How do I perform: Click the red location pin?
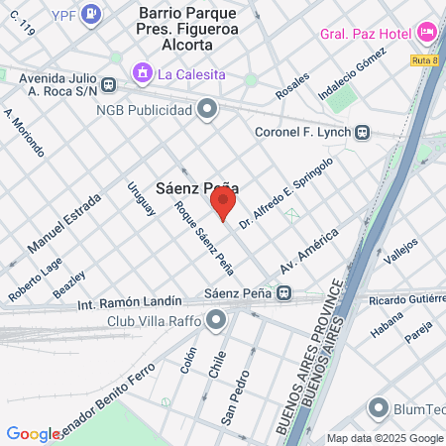click(223, 205)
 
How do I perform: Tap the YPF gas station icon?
click(91, 13)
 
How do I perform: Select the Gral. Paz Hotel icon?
click(427, 33)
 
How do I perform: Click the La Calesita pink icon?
click(143, 73)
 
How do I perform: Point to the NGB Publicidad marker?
click(207, 109)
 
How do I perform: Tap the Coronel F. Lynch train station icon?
click(364, 132)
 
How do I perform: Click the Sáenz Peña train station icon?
click(284, 293)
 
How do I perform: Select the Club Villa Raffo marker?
click(217, 320)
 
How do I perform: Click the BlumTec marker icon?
click(378, 407)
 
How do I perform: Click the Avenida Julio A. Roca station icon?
click(112, 86)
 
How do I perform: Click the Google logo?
click(33, 433)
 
